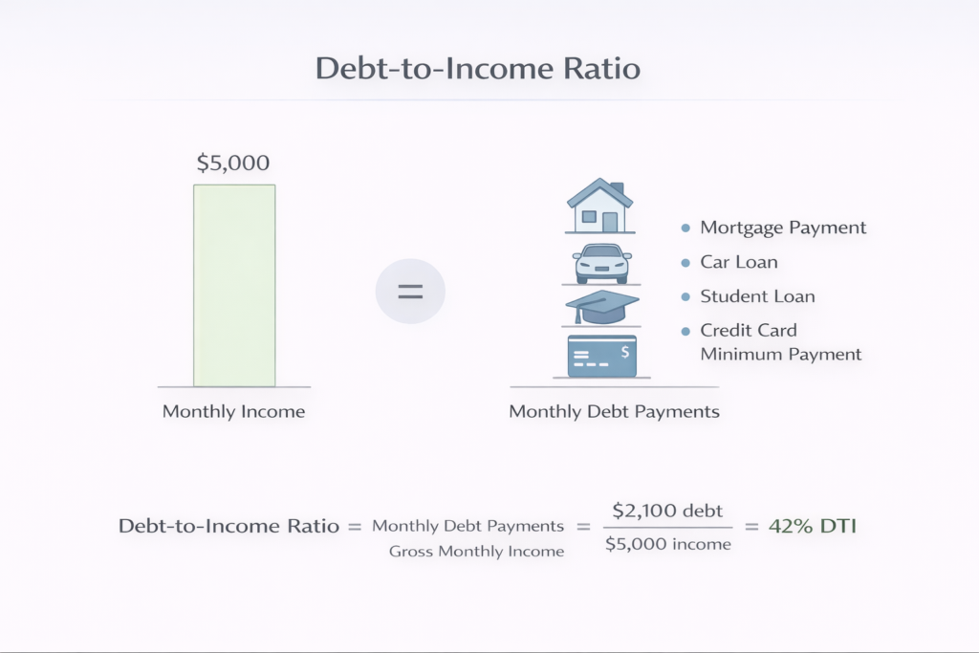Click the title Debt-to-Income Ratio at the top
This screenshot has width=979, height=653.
[x=479, y=70]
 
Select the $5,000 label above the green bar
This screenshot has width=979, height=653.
[x=233, y=163]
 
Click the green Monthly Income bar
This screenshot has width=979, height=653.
[x=234, y=285]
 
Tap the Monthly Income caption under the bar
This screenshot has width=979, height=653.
[x=233, y=412]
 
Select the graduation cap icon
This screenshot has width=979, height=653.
[x=600, y=308]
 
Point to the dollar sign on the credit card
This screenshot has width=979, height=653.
[x=624, y=351]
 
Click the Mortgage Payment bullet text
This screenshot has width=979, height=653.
[x=783, y=228]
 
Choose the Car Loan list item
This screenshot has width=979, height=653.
[x=739, y=262]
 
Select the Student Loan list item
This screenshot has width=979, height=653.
[x=757, y=296]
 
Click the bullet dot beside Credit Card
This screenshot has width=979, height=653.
[x=685, y=331]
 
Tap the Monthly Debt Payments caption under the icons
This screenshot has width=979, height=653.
[x=614, y=412]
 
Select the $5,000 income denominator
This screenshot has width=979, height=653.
[x=667, y=544]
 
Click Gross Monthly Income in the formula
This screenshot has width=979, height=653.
[x=476, y=551]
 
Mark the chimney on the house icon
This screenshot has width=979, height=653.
[x=618, y=187]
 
